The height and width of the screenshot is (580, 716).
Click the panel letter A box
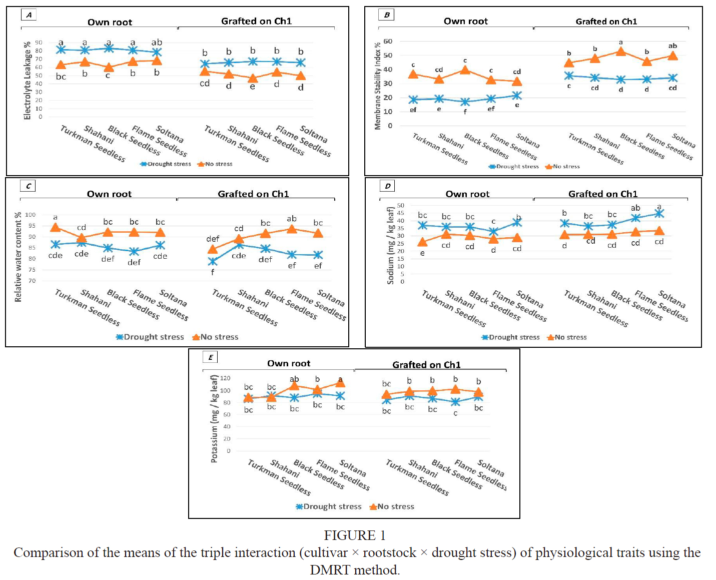(29, 15)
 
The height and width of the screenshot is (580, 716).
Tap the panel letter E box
(210, 357)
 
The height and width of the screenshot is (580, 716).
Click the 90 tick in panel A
(39, 43)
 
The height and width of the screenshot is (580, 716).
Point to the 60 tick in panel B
(388, 42)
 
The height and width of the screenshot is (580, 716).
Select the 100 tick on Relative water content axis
(31, 215)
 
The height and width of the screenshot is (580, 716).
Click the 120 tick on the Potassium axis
(225, 378)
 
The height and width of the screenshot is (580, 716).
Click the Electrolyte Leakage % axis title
(28, 81)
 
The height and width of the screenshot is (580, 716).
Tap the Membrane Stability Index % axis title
(378, 86)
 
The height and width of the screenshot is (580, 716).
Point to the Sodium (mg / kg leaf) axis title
(391, 245)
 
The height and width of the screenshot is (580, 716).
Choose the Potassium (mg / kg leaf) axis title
(214, 419)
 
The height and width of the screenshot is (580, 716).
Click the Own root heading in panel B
(465, 21)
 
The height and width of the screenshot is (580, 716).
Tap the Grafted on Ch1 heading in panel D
(602, 194)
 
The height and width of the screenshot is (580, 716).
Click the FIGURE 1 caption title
(354, 535)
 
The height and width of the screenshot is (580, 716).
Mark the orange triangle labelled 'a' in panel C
(56, 228)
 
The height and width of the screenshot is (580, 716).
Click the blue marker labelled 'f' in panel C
(213, 261)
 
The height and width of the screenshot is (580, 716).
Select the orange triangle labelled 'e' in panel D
(423, 242)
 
